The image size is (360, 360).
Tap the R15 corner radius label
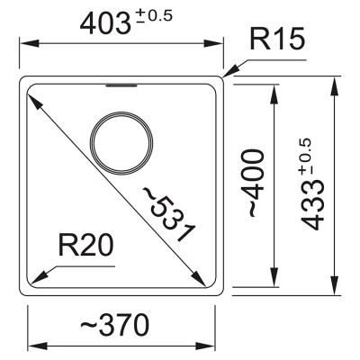point(279,40)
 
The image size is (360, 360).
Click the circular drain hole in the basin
point(121,140)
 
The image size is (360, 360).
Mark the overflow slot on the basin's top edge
point(121,86)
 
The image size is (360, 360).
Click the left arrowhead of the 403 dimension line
point(23,43)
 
